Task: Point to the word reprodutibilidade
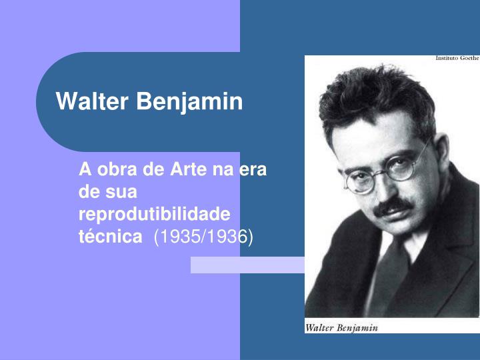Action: point(154,215)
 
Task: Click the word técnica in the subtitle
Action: point(110,237)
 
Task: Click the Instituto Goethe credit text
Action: point(457,59)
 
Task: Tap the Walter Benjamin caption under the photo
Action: point(341,327)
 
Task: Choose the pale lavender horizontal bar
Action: point(247,265)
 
